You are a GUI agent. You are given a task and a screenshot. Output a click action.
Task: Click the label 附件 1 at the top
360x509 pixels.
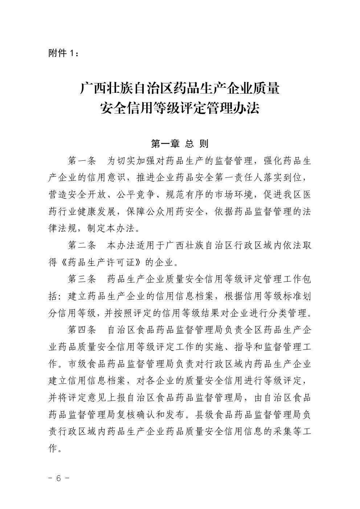(62, 53)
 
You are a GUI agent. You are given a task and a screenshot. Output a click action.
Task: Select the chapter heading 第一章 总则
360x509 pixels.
(180, 144)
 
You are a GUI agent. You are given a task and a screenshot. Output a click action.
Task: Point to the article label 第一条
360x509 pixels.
(82, 161)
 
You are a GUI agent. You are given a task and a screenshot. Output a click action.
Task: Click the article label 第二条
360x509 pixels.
(82, 246)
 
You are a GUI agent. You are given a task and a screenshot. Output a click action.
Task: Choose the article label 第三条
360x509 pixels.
(82, 279)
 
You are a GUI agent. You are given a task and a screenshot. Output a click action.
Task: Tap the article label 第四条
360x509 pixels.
(82, 330)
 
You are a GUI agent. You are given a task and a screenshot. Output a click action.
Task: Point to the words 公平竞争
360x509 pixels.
(142, 195)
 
